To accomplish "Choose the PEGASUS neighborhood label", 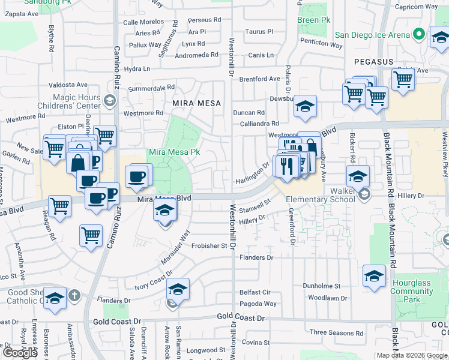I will (373, 62).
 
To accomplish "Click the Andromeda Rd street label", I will (197, 55).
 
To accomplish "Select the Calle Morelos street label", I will (143, 22).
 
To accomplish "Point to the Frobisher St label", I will (211, 245).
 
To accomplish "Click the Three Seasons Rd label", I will (336, 332).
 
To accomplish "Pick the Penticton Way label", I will (323, 43).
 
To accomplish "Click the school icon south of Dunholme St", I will (374, 277).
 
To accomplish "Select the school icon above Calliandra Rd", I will (305, 107).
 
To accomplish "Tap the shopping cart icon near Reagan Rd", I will (59, 206).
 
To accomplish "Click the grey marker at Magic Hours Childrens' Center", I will (109, 99).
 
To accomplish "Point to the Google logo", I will (20, 352).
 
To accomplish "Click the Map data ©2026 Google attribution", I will (412, 355).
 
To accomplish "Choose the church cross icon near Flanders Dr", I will (74, 295).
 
